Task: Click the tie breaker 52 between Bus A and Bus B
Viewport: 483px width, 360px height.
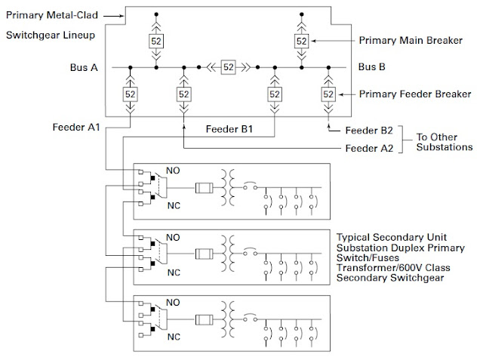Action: (229, 68)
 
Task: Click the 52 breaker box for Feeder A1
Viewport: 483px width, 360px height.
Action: (130, 94)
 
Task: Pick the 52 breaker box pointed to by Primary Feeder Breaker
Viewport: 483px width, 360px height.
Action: (328, 94)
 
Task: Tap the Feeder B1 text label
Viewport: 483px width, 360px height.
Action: (229, 129)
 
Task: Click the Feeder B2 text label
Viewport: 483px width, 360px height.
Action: (367, 131)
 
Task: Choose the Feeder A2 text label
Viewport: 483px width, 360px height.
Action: (367, 148)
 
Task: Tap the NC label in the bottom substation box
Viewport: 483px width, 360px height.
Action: (174, 334)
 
